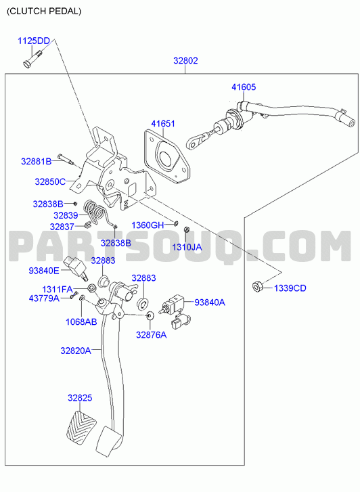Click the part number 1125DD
coord(34,41)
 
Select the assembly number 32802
coord(185,60)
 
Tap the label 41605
coord(244,87)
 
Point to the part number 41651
coord(163,124)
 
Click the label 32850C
coord(50,181)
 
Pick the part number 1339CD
coord(290,288)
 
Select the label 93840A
coord(210,302)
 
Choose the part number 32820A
coord(75,351)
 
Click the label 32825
coord(80,398)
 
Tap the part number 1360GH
coord(148,225)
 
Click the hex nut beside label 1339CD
coord(256,286)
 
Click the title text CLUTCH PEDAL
coord(44,12)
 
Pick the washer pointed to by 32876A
coord(150,315)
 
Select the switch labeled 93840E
coord(76,267)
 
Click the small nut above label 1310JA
coord(186,229)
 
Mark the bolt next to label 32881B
coord(65,159)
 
